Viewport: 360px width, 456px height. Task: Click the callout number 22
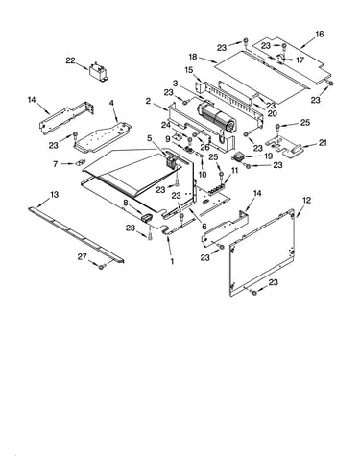[x=70, y=60]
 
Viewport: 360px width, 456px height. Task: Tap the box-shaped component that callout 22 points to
[x=99, y=71]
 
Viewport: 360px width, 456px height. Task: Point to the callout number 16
[x=320, y=34]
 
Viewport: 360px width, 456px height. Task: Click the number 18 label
[x=193, y=57]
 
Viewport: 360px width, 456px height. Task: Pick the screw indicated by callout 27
[x=102, y=266]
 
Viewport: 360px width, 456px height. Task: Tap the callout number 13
[x=55, y=194]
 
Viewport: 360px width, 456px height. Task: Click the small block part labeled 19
[x=239, y=157]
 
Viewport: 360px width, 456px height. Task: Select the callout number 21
[x=323, y=142]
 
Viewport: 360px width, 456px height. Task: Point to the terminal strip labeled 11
[x=218, y=189]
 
